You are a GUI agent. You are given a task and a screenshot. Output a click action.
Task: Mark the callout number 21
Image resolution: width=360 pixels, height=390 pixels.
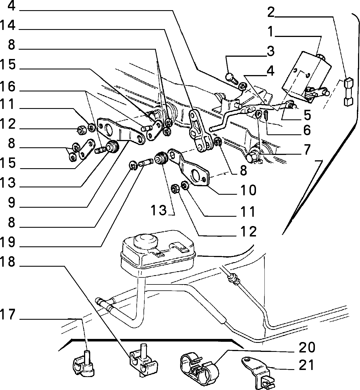click(307, 365)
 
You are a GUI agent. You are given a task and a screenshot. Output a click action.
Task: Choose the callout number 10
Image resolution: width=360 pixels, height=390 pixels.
click(248, 190)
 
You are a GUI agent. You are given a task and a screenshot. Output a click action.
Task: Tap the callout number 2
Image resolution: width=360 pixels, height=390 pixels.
click(271, 12)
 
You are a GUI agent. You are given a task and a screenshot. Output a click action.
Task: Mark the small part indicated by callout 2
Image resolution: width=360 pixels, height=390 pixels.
click(348, 92)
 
